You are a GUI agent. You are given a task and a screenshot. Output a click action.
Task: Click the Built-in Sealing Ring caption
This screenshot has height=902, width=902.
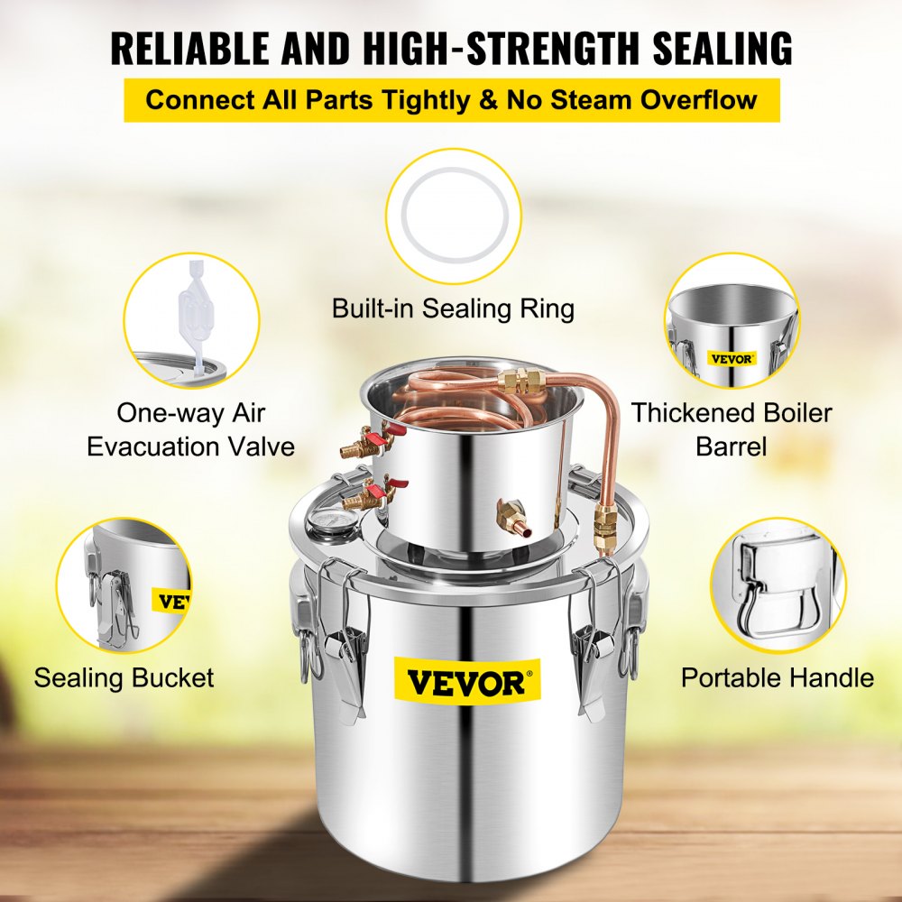(453, 308)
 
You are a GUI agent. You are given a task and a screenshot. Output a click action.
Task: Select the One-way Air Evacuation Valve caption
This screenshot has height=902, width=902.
(191, 429)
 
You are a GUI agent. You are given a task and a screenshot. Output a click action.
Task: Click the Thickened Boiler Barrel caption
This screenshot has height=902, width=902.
(731, 429)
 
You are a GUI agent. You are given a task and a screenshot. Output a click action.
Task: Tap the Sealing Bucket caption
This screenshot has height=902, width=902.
(124, 677)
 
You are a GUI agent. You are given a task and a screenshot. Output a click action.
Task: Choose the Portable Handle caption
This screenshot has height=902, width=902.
(777, 677)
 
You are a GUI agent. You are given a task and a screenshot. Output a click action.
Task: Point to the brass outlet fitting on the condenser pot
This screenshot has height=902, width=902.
(509, 520)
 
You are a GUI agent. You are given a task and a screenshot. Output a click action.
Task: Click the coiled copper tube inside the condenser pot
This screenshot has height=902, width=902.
(460, 397)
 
